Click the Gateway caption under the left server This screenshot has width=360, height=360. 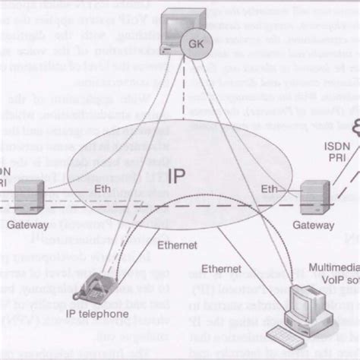[x=29, y=226]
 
